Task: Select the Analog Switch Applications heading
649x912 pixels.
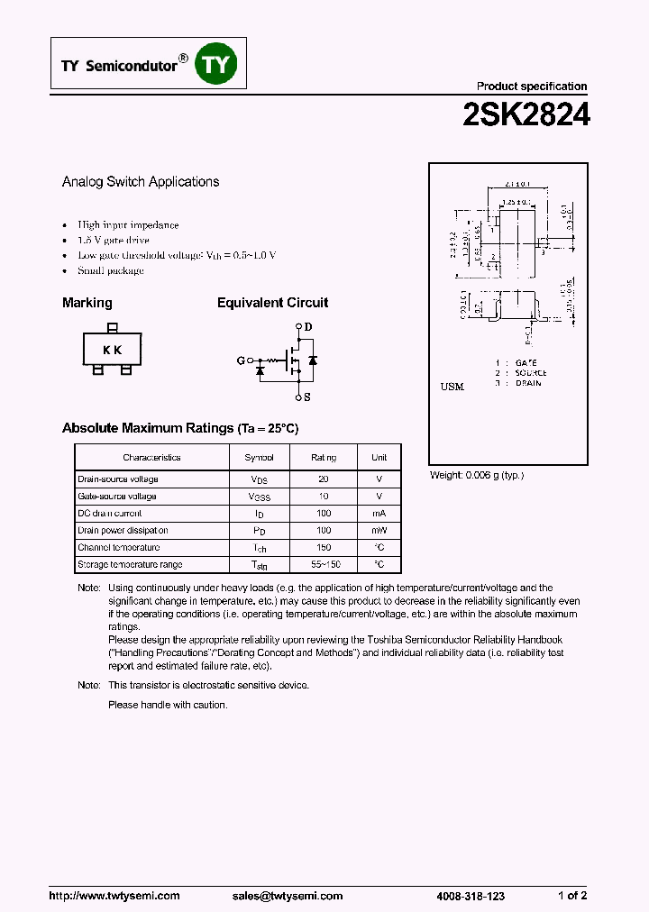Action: (x=141, y=181)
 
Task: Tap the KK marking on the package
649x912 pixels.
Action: (x=112, y=350)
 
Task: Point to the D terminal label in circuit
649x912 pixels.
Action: (x=307, y=326)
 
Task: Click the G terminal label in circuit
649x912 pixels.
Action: (x=241, y=360)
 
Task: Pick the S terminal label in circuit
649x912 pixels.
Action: (x=307, y=397)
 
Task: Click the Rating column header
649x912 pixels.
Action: (x=324, y=458)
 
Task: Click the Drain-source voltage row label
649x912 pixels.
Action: (x=117, y=479)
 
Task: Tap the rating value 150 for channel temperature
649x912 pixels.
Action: (x=324, y=547)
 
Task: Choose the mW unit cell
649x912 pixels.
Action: (x=379, y=531)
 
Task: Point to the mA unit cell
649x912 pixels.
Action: (x=379, y=514)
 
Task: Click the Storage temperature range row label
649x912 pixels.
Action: (x=130, y=565)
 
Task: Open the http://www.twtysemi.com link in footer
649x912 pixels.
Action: (x=114, y=896)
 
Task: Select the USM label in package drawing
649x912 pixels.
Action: (x=452, y=387)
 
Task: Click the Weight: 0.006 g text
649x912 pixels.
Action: (x=476, y=475)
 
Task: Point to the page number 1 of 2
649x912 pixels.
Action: (x=572, y=896)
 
